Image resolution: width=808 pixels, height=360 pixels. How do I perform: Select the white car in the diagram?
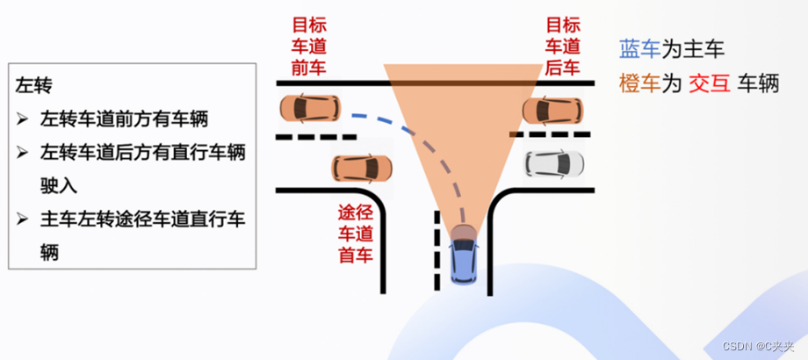[x=553, y=162]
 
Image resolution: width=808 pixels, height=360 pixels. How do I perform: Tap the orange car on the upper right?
[x=552, y=110]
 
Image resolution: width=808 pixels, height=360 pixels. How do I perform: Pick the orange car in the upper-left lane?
[x=309, y=108]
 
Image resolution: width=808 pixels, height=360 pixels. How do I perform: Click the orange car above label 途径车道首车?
[x=361, y=167]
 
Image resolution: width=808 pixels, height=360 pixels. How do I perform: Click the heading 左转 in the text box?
[x=35, y=85]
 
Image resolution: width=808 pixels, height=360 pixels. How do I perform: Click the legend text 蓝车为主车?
[x=673, y=50]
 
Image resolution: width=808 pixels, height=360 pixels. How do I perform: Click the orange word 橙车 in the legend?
[x=639, y=83]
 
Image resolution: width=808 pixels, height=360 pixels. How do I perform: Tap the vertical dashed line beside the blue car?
[x=436, y=250]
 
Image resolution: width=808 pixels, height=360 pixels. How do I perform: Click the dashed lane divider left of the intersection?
[x=316, y=137]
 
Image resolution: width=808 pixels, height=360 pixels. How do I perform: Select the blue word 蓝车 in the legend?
[x=639, y=50]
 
